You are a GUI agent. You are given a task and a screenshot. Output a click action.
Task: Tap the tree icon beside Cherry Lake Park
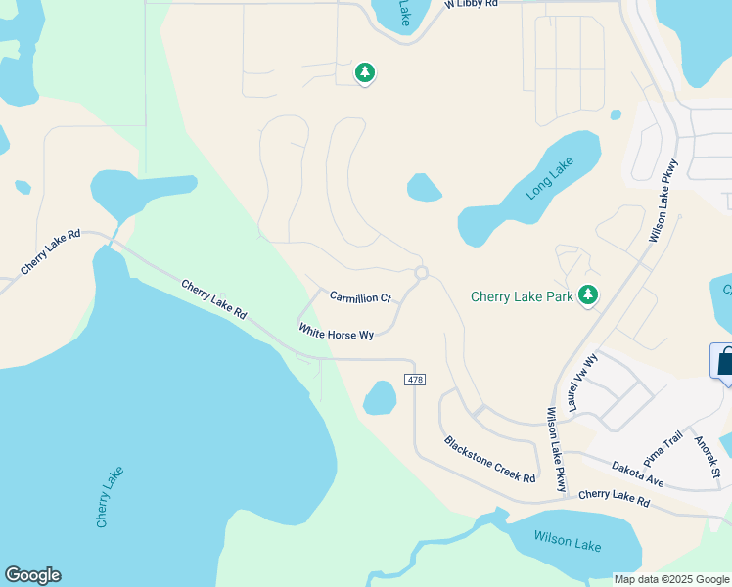pos(588,294)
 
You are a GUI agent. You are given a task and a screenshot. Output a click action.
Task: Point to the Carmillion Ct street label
pos(360,297)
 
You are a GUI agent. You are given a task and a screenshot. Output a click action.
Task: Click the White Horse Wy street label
pos(337,334)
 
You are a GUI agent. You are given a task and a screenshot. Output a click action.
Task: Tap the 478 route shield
pos(414,379)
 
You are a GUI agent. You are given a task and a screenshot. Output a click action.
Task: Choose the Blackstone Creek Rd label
pos(489,459)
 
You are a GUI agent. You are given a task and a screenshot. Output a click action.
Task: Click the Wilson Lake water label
pos(568,539)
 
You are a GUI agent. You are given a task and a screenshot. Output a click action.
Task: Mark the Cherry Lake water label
pos(111,497)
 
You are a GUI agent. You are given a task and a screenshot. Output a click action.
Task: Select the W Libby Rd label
pos(472,4)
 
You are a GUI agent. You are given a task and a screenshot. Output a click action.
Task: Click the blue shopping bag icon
pos(724,360)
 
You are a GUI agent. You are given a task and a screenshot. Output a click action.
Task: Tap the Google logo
pos(32,575)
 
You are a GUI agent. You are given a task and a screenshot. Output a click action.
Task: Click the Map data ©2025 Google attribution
pos(671,578)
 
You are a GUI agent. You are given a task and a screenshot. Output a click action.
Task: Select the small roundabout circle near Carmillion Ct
pos(421,272)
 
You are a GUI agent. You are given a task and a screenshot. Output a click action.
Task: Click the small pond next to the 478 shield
pos(380,397)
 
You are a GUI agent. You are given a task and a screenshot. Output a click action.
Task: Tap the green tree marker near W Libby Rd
pos(365,72)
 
